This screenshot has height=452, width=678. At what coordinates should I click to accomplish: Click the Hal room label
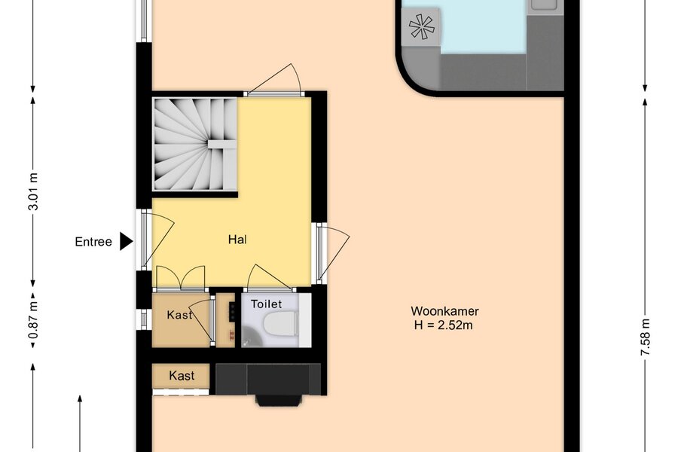237,240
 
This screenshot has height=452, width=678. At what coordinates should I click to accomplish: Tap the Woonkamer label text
444,311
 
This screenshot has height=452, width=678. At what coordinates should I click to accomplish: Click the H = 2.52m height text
443,325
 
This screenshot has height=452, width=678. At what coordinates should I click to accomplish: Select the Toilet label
267,304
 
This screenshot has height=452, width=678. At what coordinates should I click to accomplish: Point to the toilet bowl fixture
281,323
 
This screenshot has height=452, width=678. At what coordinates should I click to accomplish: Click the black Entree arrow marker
126,241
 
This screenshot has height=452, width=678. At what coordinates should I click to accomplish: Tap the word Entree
93,242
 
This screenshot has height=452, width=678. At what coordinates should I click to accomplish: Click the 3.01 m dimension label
33,191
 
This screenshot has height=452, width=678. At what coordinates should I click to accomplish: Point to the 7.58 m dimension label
645,337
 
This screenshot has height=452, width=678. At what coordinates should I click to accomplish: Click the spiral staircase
195,144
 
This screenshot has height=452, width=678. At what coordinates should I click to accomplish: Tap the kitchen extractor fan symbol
421,27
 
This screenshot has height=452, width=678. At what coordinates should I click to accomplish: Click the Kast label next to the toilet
179,315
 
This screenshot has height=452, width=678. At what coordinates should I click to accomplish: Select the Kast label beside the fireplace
182,375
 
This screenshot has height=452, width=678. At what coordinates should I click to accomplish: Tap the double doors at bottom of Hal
180,278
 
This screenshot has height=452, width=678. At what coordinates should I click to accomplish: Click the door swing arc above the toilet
270,277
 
